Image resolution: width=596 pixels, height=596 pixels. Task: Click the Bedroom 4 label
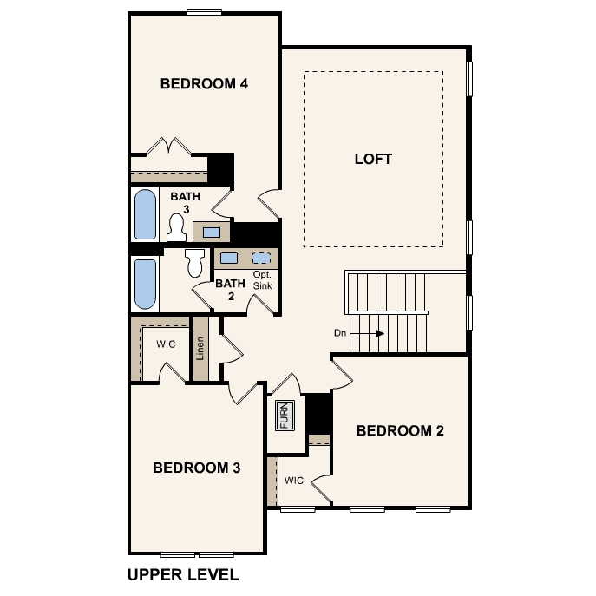(x=204, y=83)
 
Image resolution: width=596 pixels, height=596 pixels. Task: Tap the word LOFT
(x=373, y=159)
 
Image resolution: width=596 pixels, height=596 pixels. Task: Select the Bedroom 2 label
(x=400, y=430)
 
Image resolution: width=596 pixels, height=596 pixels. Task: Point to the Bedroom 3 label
(x=197, y=468)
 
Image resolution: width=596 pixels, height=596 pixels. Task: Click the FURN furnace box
(x=285, y=416)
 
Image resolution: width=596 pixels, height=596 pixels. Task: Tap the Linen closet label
(x=200, y=349)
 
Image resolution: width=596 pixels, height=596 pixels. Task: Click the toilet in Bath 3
(x=176, y=227)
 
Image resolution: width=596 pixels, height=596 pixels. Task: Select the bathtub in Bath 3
(x=145, y=214)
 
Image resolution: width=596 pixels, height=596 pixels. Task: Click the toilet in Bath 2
(x=195, y=263)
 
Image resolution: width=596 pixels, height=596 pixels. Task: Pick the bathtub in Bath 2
(x=145, y=284)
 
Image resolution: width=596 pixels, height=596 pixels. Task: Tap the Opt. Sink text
(x=263, y=280)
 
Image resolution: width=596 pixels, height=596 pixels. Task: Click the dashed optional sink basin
(x=262, y=259)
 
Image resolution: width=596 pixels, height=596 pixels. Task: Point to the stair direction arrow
(x=367, y=333)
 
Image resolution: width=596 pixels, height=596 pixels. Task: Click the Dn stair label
(x=340, y=333)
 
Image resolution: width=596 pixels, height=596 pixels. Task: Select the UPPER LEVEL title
(x=183, y=574)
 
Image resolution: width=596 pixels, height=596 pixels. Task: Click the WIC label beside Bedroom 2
(x=294, y=481)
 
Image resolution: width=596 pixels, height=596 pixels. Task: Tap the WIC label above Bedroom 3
(x=166, y=344)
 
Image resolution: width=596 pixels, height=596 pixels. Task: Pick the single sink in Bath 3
(x=212, y=233)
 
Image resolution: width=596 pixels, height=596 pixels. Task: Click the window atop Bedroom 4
(x=205, y=12)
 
